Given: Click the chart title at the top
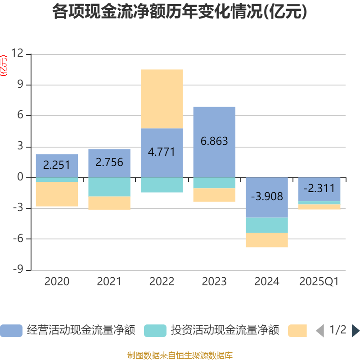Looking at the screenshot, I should click(180, 12).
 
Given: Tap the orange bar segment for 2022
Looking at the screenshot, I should click(162, 99).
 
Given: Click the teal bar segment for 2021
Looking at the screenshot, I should click(109, 187).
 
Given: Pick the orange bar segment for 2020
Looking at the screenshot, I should click(57, 194).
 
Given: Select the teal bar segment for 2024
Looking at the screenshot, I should click(267, 225).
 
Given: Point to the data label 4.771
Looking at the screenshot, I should click(162, 151).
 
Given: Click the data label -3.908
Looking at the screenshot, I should click(267, 197).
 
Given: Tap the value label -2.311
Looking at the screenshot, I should click(319, 189).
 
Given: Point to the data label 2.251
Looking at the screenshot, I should click(57, 165).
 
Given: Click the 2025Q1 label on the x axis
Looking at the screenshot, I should click(319, 282).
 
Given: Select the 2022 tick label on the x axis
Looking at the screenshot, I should click(162, 282).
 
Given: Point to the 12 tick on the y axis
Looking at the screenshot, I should click(18, 54).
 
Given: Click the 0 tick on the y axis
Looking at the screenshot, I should click(20, 177).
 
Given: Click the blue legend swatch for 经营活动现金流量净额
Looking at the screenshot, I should click(11, 331).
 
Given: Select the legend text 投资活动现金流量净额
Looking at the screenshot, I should click(225, 331).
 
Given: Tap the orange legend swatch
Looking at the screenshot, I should click(297, 331).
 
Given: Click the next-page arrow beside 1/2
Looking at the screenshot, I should click(355, 331).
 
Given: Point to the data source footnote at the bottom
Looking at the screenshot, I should click(180, 355).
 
